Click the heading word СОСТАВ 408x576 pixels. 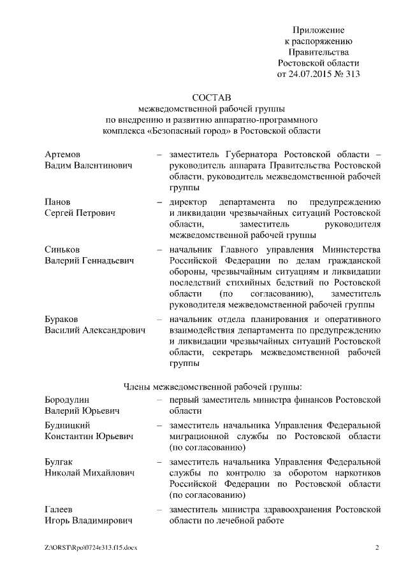coord(212,96)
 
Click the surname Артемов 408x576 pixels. coord(62,155)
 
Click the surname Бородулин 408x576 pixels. coord(68,400)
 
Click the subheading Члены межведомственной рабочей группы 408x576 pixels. coord(212,386)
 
